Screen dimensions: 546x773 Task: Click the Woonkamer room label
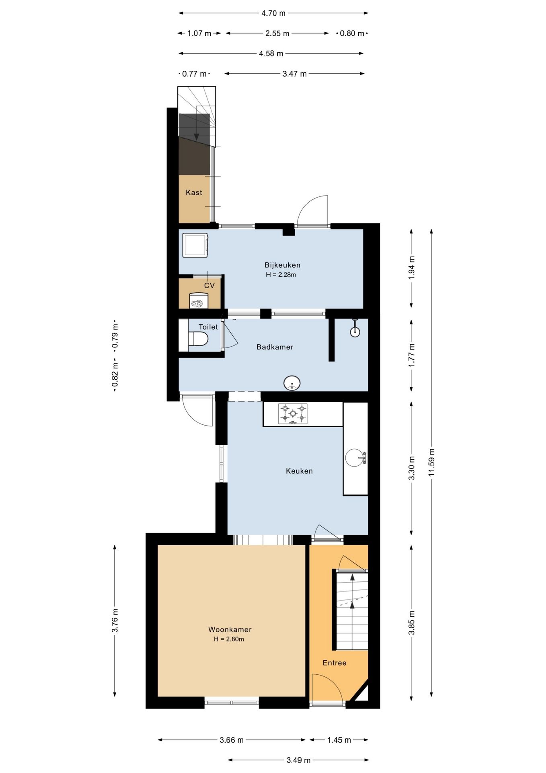click(230, 630)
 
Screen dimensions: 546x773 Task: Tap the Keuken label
click(299, 471)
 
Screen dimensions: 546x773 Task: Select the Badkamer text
click(275, 347)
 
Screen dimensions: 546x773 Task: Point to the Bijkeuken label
click(282, 265)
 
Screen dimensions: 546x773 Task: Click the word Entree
click(335, 663)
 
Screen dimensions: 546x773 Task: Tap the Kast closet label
click(194, 192)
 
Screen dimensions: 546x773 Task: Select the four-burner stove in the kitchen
click(293, 413)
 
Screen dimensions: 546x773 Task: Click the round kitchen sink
click(355, 458)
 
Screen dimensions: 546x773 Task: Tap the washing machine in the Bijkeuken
click(195, 245)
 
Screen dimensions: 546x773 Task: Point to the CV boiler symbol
click(199, 300)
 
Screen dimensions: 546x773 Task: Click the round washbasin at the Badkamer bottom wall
click(292, 383)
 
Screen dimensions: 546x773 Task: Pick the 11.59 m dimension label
click(432, 462)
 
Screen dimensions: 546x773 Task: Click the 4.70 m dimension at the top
click(273, 13)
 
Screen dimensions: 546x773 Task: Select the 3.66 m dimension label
click(232, 740)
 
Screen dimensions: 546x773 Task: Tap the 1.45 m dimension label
click(339, 740)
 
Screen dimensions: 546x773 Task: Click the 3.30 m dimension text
click(412, 468)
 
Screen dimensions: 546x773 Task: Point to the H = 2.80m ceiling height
click(229, 639)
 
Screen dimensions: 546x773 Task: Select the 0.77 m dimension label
click(194, 74)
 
